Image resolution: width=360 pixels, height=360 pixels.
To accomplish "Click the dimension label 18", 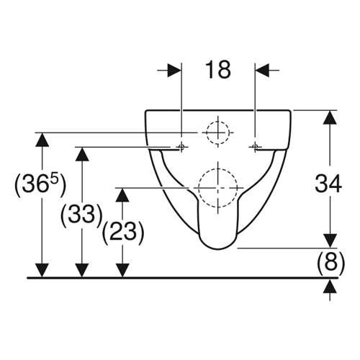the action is pos(218,70).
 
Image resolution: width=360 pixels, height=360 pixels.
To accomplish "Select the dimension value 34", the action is pos(328,184).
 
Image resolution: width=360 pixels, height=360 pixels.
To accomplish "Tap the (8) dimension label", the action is pos(330,263).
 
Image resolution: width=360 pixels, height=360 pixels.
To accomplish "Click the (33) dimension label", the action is pos(81,215).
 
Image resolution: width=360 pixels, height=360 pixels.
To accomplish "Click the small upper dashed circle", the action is pos(217,132).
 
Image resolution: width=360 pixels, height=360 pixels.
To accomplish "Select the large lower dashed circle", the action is pos(218,188).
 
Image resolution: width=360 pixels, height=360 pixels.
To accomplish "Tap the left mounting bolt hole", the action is pos(181,146).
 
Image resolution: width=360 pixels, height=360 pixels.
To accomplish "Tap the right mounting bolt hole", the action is pos(255,146).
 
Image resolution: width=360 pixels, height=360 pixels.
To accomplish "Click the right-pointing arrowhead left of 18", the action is pos(174,71).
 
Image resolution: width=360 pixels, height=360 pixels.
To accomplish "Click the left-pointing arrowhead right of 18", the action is pos(262,71).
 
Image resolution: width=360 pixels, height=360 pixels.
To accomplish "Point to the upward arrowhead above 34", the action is pos(330,117).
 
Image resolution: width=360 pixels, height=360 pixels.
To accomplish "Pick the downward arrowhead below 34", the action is pos(330,240).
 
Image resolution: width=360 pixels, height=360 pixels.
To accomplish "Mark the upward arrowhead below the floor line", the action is pos(330,286).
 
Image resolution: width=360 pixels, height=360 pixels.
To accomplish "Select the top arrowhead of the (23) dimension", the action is pos(122,195).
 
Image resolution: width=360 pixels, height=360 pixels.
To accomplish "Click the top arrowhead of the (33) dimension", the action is pos(82,154).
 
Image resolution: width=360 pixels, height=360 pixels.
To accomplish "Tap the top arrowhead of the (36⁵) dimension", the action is pos(42,140).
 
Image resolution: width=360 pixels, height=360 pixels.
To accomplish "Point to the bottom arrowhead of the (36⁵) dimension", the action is pos(42,271).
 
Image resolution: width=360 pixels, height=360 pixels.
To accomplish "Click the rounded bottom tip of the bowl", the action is pos(218,250).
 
